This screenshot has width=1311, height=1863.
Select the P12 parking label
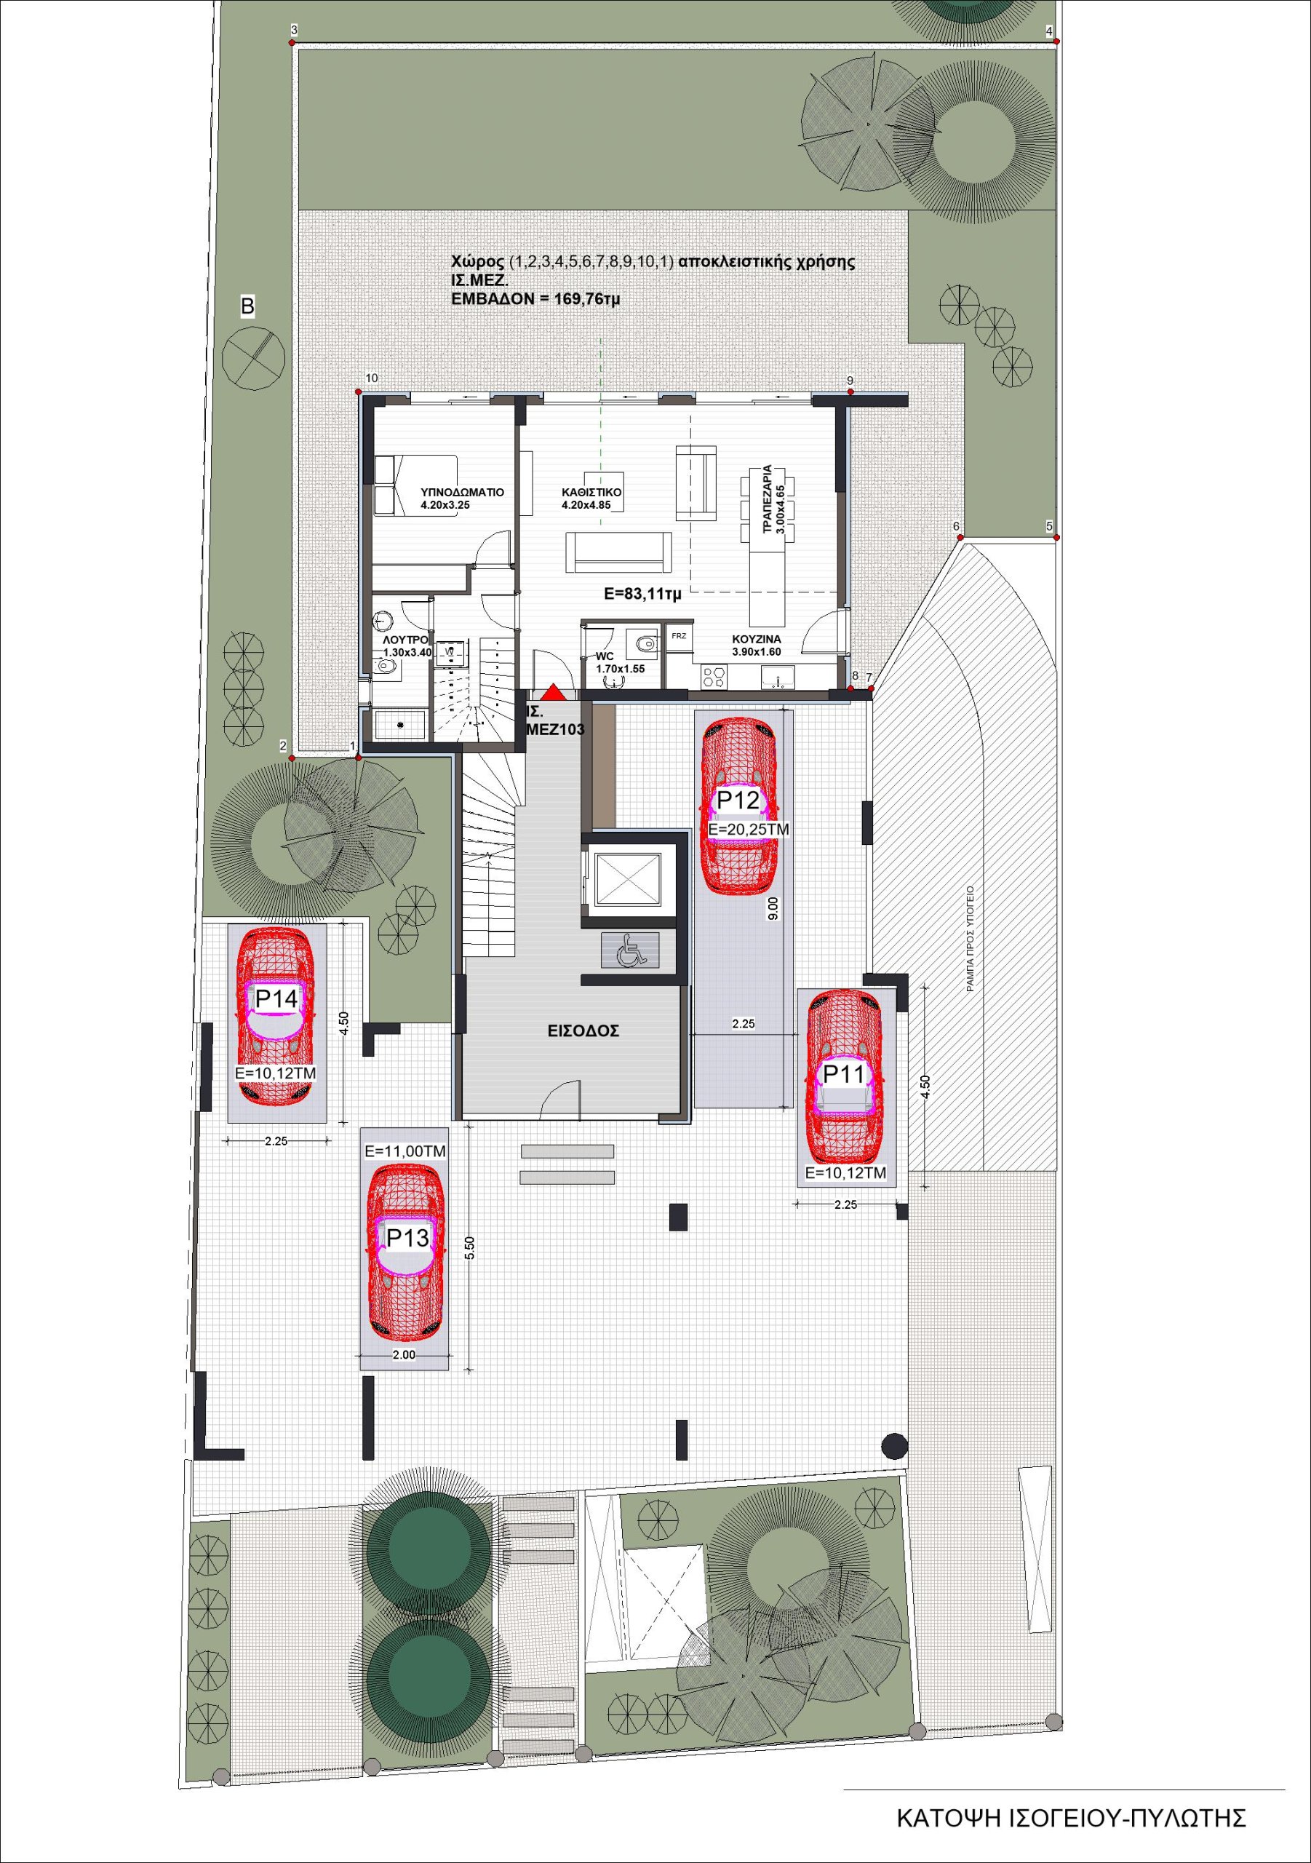click(738, 801)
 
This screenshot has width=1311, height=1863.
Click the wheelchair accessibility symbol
click(630, 950)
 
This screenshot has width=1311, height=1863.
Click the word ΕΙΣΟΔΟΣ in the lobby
click(583, 1031)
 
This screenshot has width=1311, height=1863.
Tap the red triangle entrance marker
click(553, 693)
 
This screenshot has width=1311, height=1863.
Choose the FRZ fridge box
click(679, 636)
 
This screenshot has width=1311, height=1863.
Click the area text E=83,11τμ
click(642, 594)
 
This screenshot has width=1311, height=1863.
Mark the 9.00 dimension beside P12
click(773, 908)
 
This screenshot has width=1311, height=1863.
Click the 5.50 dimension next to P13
click(470, 1248)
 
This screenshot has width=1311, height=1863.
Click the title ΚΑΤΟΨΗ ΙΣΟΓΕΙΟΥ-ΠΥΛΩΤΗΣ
click(1071, 1818)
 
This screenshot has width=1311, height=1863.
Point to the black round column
click(894, 1445)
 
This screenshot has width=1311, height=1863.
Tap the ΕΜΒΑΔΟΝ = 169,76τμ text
click(535, 298)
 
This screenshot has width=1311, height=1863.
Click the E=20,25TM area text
click(748, 830)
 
